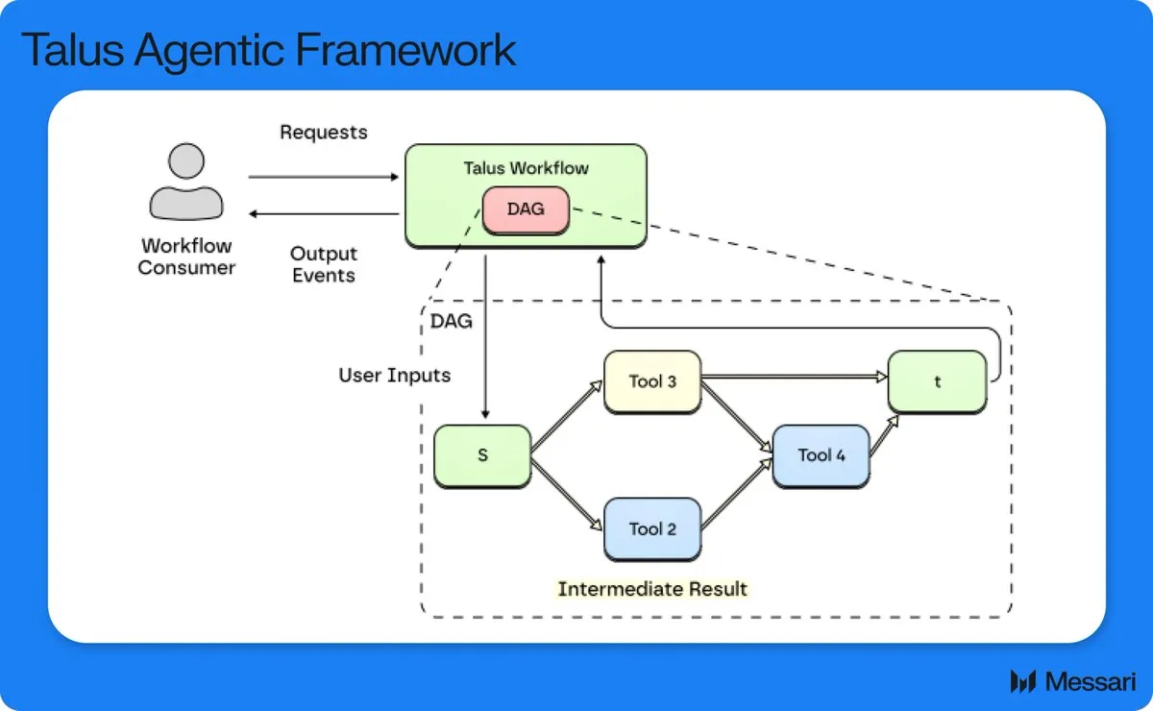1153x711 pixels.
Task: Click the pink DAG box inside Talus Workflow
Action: point(526,210)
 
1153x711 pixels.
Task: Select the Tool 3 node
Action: point(652,381)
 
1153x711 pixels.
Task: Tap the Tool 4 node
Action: point(821,455)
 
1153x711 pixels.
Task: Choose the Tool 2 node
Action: point(652,529)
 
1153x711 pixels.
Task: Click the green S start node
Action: point(482,455)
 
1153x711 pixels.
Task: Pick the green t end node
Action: point(938,381)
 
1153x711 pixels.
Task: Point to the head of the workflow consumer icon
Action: point(185,160)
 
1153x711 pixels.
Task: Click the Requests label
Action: point(323,133)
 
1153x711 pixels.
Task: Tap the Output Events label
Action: point(323,264)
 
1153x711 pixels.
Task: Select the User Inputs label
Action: point(394,376)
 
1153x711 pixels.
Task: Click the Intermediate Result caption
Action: point(652,588)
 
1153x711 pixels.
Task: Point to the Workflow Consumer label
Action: point(186,257)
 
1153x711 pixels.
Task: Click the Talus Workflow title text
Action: point(526,168)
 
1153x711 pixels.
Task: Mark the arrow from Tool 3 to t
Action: point(795,377)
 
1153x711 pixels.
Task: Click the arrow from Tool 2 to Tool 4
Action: point(737,493)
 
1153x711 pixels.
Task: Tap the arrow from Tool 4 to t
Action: point(884,435)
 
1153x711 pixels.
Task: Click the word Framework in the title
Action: point(405,50)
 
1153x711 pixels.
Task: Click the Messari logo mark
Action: point(1022,681)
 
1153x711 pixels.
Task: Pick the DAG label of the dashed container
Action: point(451,321)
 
